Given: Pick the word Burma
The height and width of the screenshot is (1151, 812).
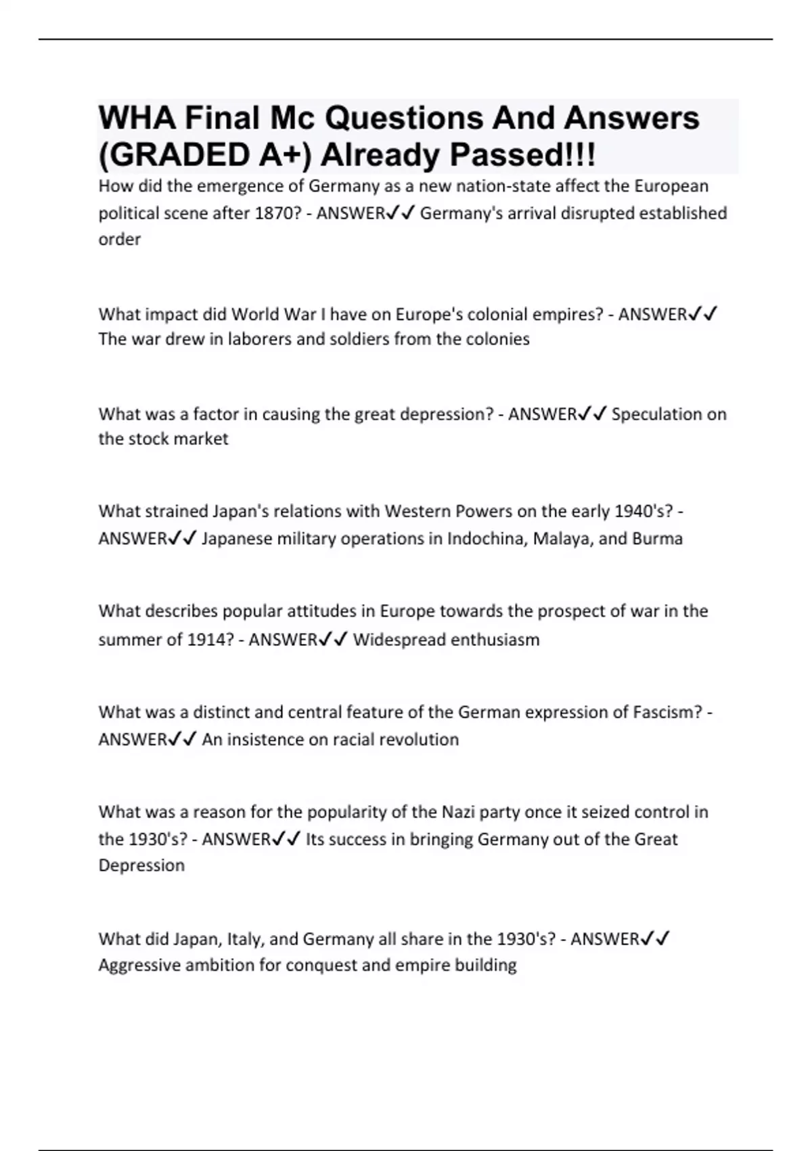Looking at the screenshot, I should (657, 539).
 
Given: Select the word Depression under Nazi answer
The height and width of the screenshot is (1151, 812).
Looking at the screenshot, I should (141, 865).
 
